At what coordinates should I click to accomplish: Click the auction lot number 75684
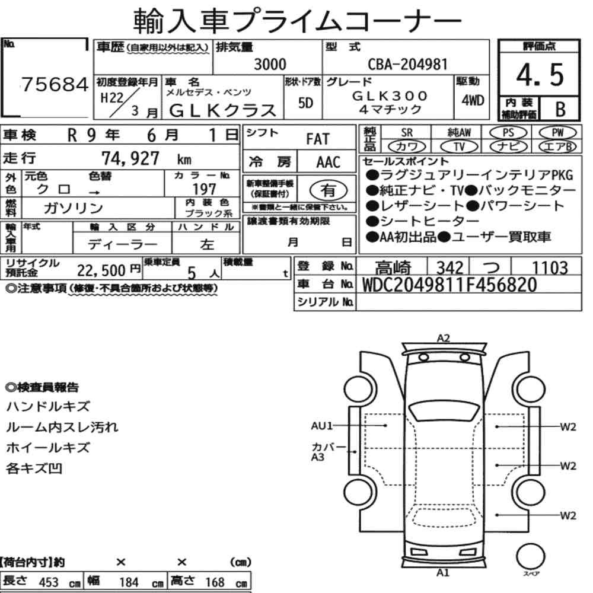55,84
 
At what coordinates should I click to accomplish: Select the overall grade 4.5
540,75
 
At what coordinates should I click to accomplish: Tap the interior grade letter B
560,109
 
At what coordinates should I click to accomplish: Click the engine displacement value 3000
270,64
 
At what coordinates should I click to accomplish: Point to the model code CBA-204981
408,64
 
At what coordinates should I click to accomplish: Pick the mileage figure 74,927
130,158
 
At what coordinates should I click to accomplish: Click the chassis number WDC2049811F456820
449,285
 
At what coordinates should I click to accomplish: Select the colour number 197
204,189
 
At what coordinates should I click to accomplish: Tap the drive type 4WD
473,100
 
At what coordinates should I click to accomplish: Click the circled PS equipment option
508,132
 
